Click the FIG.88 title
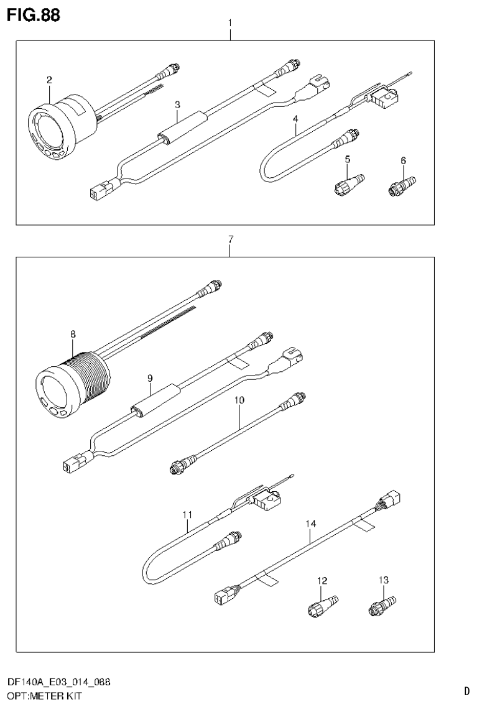pos(34,16)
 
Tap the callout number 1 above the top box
pos(230,24)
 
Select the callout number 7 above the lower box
pos(230,239)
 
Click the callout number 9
pos(149,377)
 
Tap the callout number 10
pos(239,402)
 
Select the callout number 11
pos(187,514)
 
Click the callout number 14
pos(310,524)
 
